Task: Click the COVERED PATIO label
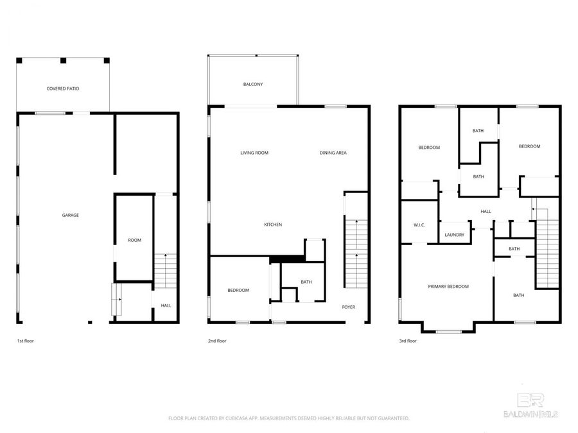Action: pos(63,88)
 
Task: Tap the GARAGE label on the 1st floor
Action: pos(70,215)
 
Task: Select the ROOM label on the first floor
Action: pos(134,240)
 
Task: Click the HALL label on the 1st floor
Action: pos(166,305)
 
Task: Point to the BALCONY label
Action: pos(252,84)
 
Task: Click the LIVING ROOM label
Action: pos(254,153)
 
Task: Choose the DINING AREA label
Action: pos(333,153)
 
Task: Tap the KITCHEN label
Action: pos(273,225)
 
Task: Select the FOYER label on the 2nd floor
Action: pos(348,307)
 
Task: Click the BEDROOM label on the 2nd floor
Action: pos(238,290)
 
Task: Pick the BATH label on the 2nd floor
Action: pos(306,282)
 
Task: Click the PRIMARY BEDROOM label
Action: pos(448,286)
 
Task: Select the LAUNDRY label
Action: pos(454,235)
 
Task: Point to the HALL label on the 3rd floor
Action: pos(486,211)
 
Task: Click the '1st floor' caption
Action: pos(25,341)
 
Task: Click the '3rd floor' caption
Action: pos(408,341)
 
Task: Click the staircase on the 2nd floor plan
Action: pos(355,253)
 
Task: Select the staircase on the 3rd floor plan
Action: pos(547,253)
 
